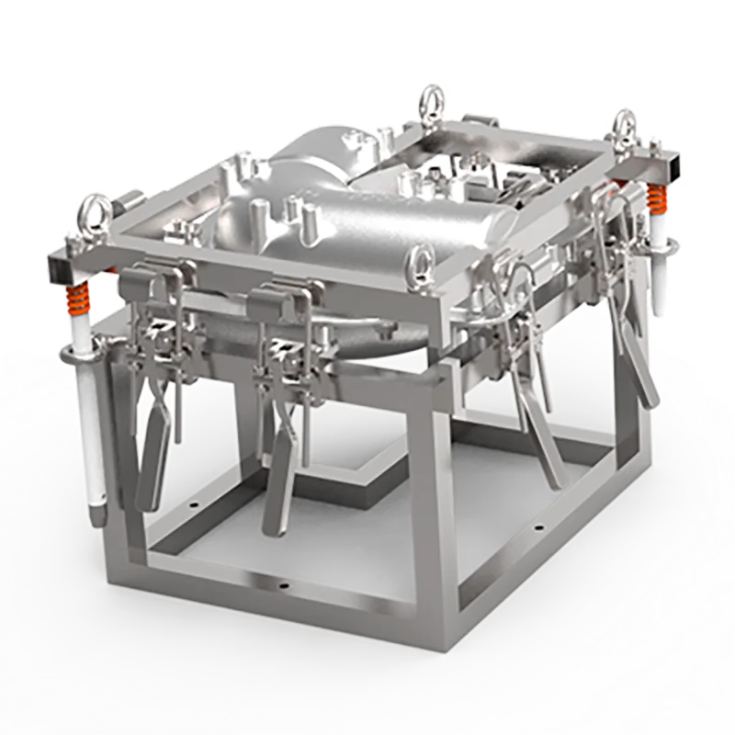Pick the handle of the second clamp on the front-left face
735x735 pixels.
280,487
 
